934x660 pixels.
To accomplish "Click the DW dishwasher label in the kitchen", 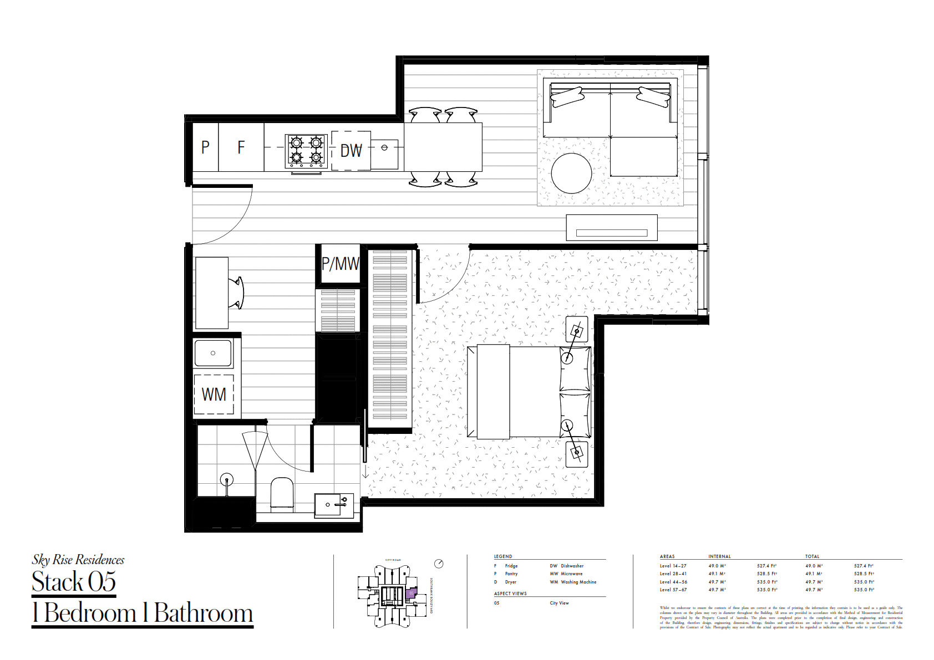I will (351, 151).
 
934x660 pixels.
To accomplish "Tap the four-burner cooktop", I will (306, 150).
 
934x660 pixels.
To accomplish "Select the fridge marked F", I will (241, 147).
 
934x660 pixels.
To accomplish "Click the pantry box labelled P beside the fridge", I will (205, 147).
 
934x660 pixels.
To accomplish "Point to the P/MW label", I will (340, 264).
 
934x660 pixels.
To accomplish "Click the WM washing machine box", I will (214, 395).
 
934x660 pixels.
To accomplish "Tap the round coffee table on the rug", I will (571, 173).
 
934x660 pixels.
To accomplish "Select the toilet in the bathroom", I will (282, 492).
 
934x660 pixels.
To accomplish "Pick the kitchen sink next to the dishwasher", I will (384, 154).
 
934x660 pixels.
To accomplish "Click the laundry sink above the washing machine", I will (213, 353).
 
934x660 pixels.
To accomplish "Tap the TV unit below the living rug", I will (611, 228).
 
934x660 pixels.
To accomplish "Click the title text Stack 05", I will (74, 582).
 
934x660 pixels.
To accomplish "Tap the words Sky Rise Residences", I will (78, 560).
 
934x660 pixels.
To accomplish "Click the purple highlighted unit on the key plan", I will (410, 594).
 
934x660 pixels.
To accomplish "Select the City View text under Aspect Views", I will (559, 603).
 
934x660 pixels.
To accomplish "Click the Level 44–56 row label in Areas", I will (673, 582).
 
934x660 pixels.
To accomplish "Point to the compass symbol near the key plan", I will (439, 564).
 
